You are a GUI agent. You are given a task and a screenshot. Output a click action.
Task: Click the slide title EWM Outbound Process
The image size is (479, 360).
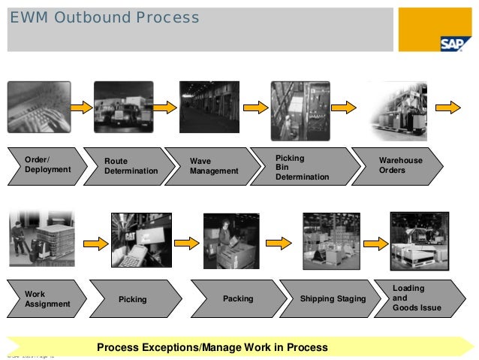[104, 17]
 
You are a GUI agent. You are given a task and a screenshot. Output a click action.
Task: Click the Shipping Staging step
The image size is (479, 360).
[332, 299]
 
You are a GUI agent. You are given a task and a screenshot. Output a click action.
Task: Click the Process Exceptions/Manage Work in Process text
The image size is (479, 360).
[212, 347]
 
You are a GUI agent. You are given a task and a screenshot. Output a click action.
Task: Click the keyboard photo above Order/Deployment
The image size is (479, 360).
[38, 107]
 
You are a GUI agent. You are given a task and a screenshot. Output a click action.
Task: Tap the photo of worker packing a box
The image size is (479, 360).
[231, 241]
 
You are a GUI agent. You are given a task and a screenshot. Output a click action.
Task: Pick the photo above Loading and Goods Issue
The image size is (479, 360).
[420, 241]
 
